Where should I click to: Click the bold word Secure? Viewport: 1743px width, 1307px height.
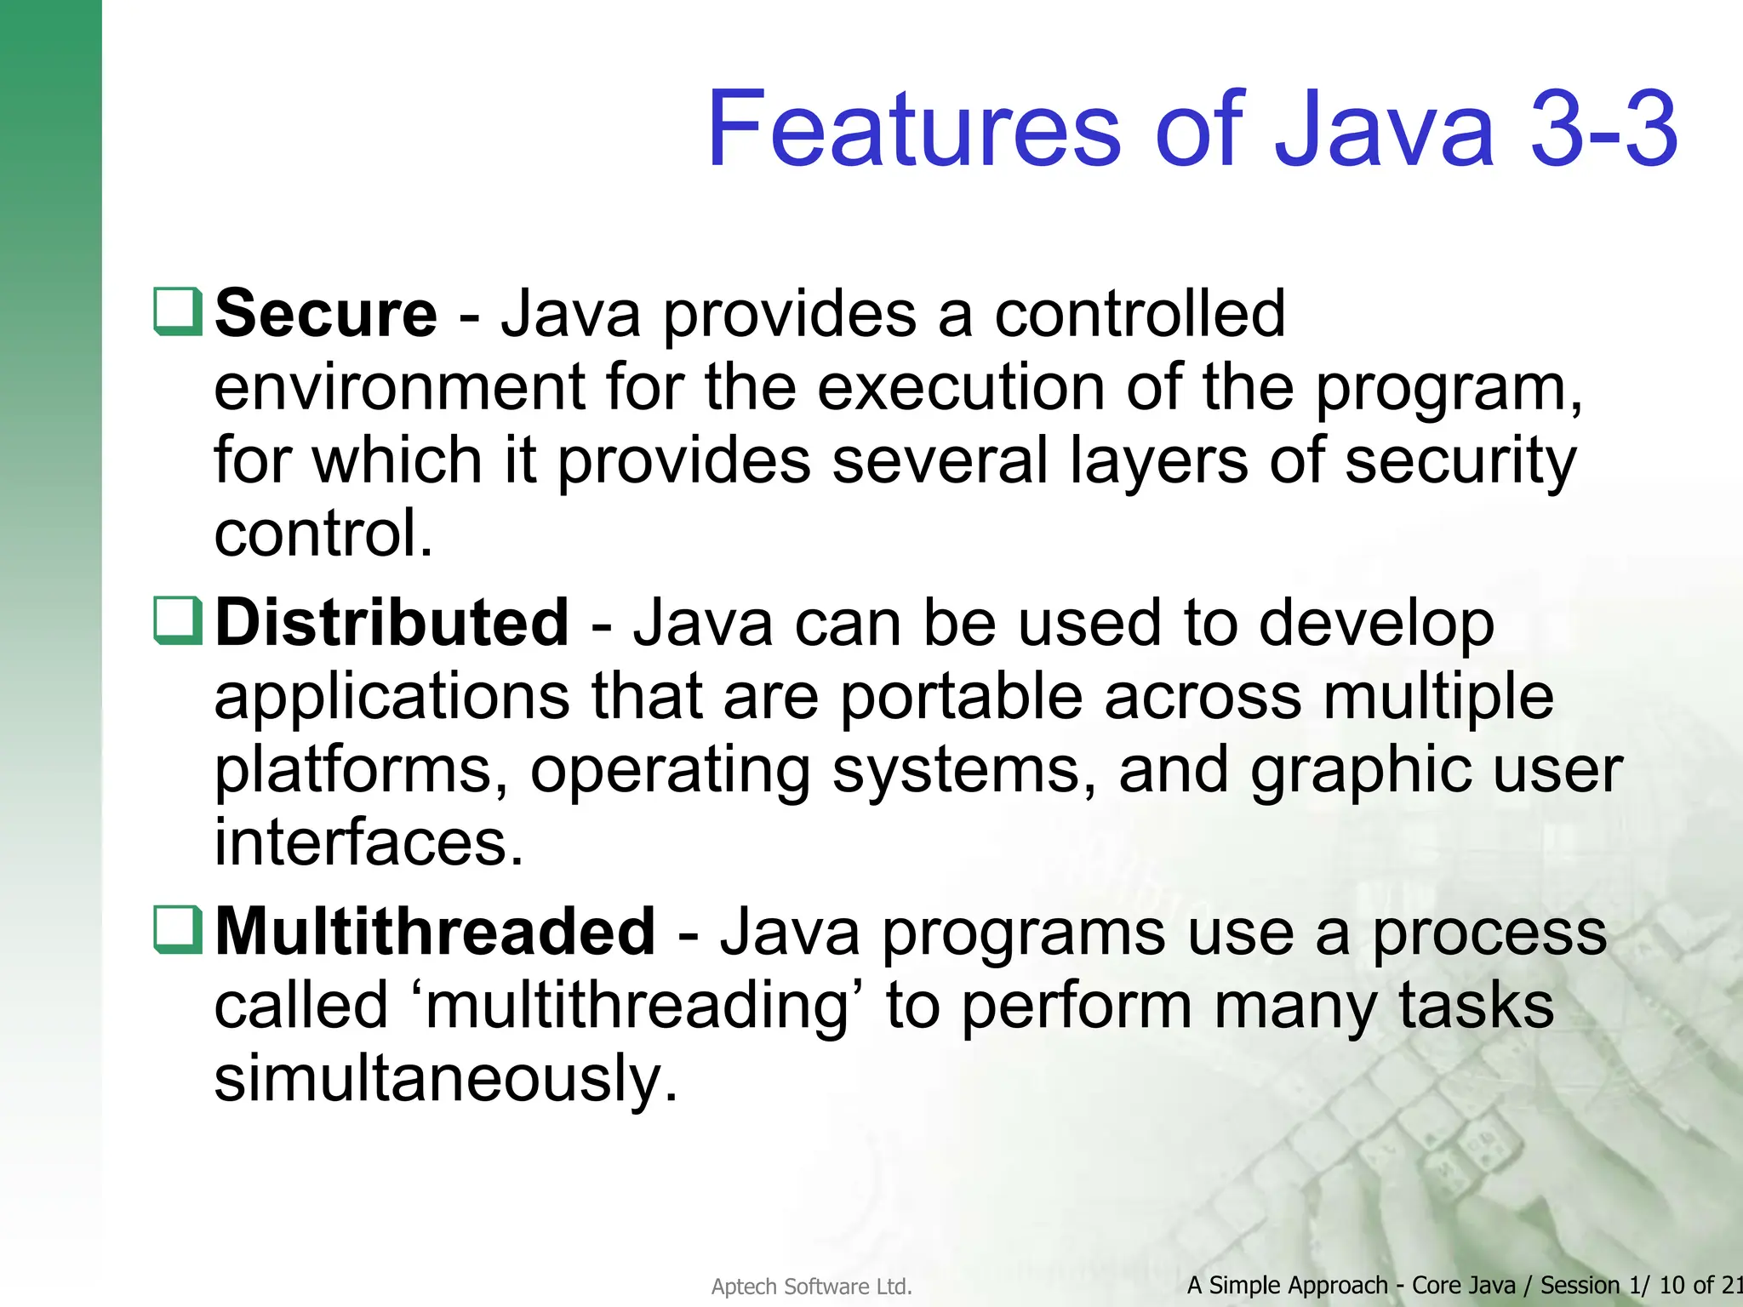point(326,314)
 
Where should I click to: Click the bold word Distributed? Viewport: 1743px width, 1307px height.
point(391,623)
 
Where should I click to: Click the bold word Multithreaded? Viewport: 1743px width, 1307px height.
point(435,933)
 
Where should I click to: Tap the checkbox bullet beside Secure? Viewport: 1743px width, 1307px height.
point(178,311)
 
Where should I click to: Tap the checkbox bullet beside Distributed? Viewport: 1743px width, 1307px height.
point(178,620)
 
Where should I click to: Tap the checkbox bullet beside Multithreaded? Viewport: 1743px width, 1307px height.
point(178,929)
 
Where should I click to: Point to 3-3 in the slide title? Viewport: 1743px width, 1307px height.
point(1603,129)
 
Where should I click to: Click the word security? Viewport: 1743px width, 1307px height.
point(1460,461)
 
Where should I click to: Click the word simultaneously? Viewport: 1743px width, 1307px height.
point(445,1079)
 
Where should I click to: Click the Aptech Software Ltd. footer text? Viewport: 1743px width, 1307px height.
point(811,1287)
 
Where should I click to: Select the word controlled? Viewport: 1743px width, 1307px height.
point(1140,314)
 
